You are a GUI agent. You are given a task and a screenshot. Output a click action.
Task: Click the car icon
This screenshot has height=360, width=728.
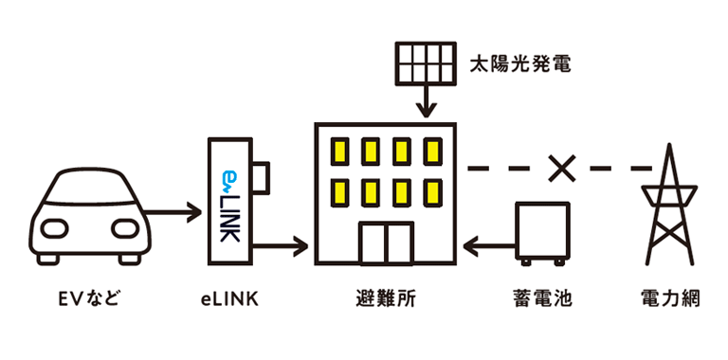click(89, 218)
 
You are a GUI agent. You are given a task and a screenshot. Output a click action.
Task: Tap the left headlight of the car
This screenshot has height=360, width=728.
click(56, 228)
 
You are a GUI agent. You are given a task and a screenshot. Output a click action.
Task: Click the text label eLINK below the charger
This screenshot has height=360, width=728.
click(230, 301)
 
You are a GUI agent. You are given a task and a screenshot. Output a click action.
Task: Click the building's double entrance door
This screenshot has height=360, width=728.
click(385, 243)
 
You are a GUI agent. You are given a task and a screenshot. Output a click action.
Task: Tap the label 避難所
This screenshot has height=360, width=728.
click(385, 301)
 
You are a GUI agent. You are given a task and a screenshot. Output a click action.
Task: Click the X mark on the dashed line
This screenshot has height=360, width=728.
click(563, 169)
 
